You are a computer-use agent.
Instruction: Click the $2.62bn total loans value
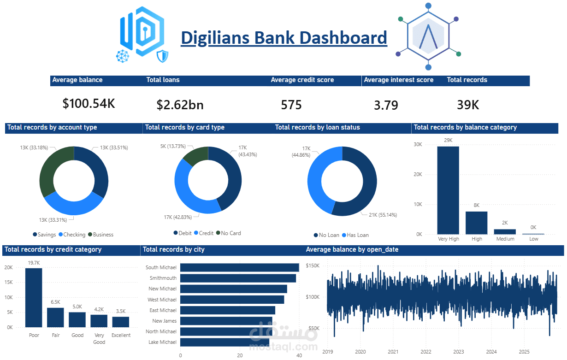(x=180, y=105)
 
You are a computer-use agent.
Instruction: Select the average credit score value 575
(x=291, y=105)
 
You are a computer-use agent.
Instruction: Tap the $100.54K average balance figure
(x=89, y=104)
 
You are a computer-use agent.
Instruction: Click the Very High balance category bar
(x=448, y=190)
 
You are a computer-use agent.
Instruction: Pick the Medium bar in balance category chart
(x=505, y=232)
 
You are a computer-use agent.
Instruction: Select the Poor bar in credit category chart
(x=34, y=298)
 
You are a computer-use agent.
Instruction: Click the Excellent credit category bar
(x=121, y=322)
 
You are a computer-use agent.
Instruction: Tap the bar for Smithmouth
(x=238, y=278)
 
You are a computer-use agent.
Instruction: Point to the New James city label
(x=164, y=321)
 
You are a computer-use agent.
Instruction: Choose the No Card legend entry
(x=229, y=233)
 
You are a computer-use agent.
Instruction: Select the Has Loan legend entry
(x=355, y=235)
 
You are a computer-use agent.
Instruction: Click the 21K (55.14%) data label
(x=383, y=215)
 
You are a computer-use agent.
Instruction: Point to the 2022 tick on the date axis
(x=426, y=352)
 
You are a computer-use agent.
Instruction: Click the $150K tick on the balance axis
(x=313, y=266)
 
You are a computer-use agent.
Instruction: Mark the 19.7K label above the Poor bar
(x=34, y=263)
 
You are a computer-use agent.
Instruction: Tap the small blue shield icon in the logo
(x=162, y=56)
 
